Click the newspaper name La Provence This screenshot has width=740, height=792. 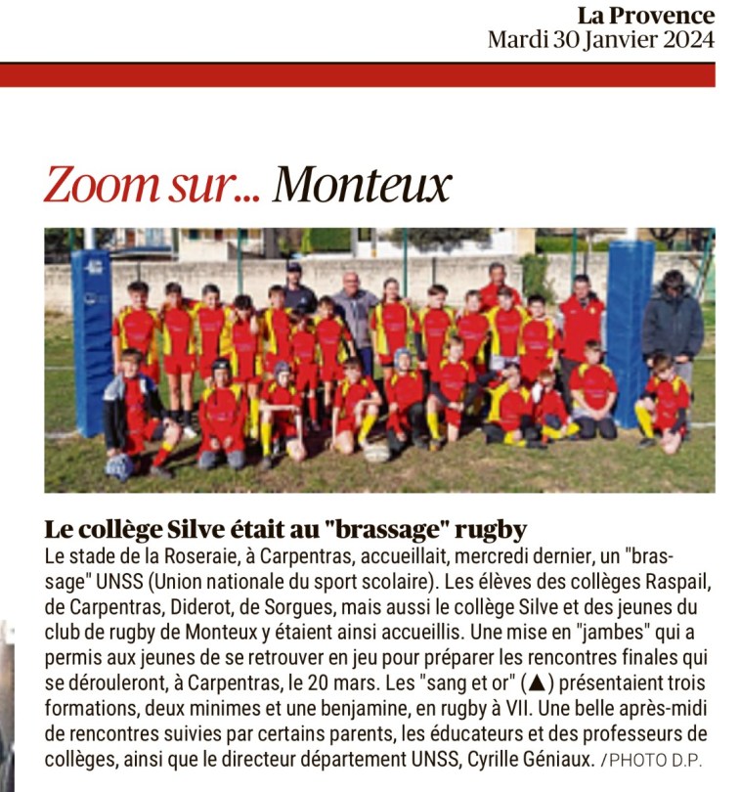pyautogui.click(x=645, y=16)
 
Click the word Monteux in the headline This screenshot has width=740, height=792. pyautogui.click(x=362, y=185)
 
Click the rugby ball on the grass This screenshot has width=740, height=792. pyautogui.click(x=376, y=452)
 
